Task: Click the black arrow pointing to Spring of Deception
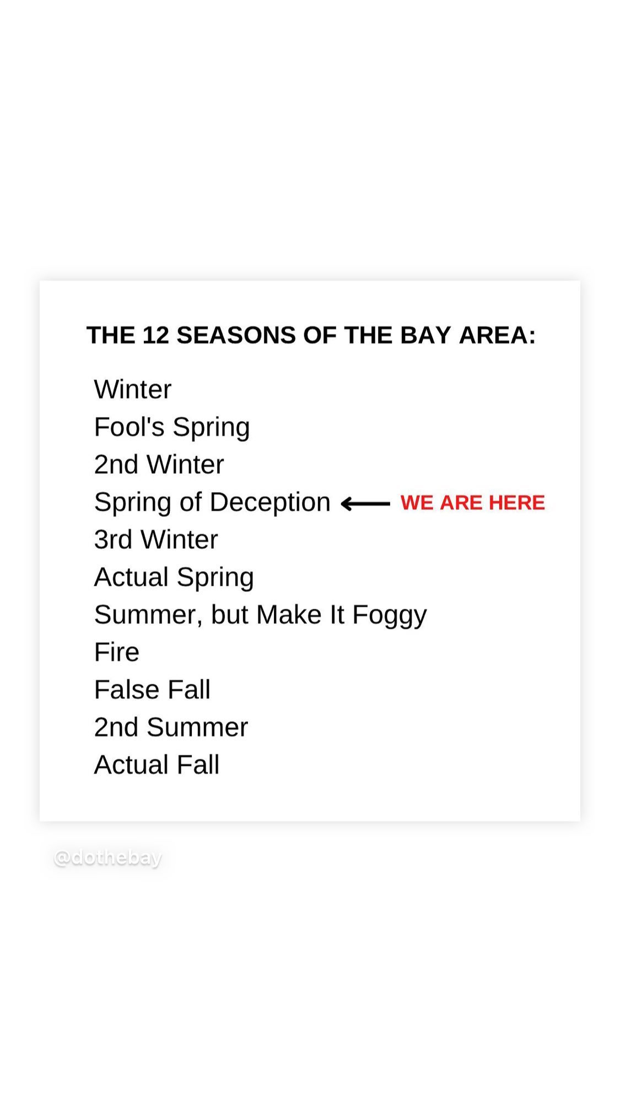point(365,504)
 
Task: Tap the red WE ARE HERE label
point(472,503)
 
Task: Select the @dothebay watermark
point(108,858)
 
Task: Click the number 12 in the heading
point(155,335)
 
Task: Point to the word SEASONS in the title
point(236,335)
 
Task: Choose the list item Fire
point(117,652)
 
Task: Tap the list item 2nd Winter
point(159,464)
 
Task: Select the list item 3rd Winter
point(156,539)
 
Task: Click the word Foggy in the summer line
point(390,615)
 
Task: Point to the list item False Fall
point(152,689)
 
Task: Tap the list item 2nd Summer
point(171,727)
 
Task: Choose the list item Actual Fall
point(157,764)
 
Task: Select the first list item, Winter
point(133,390)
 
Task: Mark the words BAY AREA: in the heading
point(468,335)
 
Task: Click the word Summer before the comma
point(145,614)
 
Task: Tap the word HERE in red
point(516,503)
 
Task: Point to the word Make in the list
point(289,614)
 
